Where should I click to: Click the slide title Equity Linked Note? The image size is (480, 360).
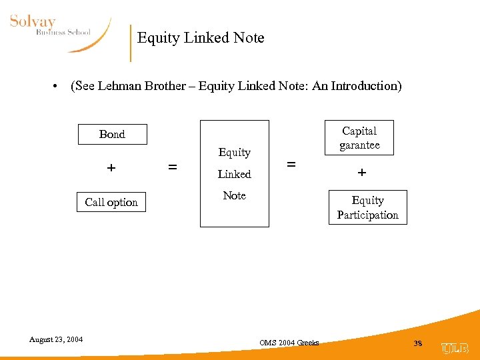pyautogui.click(x=201, y=38)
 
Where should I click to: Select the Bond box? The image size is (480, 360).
pyautogui.click(x=112, y=134)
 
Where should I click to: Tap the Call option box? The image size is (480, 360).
pyautogui.click(x=111, y=202)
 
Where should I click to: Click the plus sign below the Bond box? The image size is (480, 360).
pyautogui.click(x=111, y=168)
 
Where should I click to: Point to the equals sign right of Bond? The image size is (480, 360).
pyautogui.click(x=173, y=168)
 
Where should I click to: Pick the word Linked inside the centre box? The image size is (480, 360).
pyautogui.click(x=235, y=174)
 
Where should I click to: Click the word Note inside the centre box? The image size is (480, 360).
pyautogui.click(x=235, y=195)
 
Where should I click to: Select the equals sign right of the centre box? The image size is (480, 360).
pyautogui.click(x=291, y=163)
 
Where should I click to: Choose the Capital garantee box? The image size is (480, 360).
pyautogui.click(x=359, y=138)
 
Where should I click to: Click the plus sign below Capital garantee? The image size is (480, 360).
pyautogui.click(x=361, y=172)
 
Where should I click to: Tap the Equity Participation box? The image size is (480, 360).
pyautogui.click(x=367, y=207)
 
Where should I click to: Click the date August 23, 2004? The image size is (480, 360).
pyautogui.click(x=56, y=339)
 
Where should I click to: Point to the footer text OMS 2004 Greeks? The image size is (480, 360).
pyautogui.click(x=289, y=343)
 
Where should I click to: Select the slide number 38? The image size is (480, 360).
pyautogui.click(x=418, y=343)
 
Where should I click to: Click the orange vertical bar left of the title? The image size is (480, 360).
pyautogui.click(x=131, y=43)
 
